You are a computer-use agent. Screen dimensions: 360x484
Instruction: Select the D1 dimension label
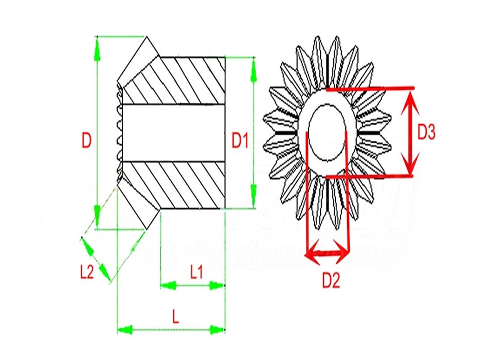coord(240,141)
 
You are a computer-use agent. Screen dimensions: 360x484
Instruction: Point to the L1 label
coord(196,272)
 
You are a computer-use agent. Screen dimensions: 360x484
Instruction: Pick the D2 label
coord(331,280)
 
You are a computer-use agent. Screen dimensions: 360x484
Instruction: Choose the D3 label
coord(427,132)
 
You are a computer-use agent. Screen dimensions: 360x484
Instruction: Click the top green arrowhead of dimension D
coord(97,50)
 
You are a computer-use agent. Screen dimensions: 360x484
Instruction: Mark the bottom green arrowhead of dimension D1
coord(253,193)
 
